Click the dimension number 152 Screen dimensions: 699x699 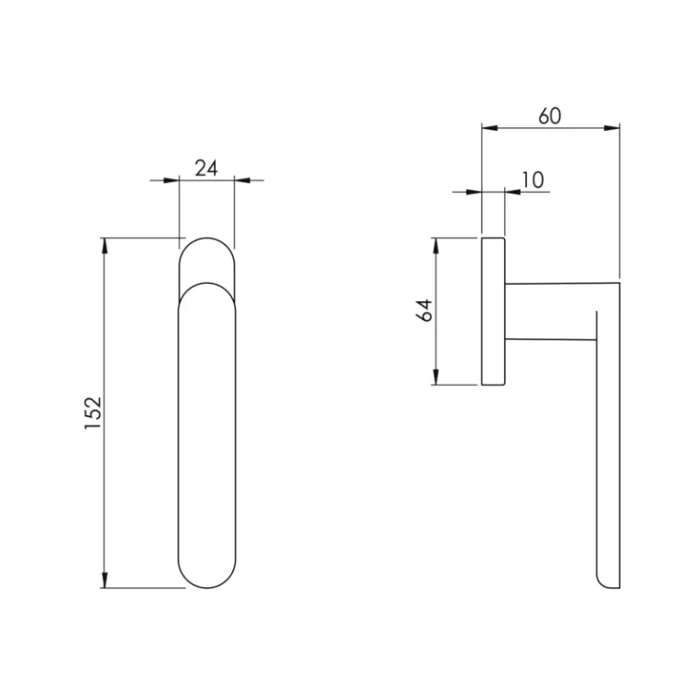point(93,413)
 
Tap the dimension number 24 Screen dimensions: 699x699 point(207,168)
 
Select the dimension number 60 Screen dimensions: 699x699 point(550,116)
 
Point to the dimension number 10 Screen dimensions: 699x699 point(532,180)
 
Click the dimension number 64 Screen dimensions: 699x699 point(425,310)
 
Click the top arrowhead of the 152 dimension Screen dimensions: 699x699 point(105,245)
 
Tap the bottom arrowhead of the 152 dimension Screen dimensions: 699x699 point(105,580)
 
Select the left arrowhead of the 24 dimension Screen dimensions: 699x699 point(172,180)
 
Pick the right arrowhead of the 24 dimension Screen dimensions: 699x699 point(242,180)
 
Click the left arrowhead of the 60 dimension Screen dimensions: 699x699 point(489,128)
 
